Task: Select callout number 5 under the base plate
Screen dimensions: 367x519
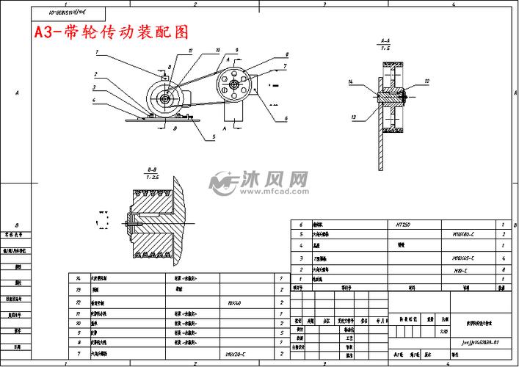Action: pos(214,136)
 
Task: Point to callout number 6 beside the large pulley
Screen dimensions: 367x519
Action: pos(286,118)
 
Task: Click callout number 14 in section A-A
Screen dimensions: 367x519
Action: pos(351,81)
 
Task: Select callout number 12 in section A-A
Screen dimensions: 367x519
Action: pos(427,81)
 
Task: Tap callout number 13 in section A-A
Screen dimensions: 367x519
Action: pos(354,117)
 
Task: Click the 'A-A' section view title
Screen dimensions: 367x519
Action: pos(385,42)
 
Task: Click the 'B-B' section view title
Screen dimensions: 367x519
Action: pos(152,170)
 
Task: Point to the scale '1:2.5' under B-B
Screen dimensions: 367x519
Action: pos(152,177)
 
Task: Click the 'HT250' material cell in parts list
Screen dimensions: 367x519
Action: pos(403,225)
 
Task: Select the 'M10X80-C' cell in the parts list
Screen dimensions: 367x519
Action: pos(463,236)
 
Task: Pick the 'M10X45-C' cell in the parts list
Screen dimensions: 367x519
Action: pos(463,258)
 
